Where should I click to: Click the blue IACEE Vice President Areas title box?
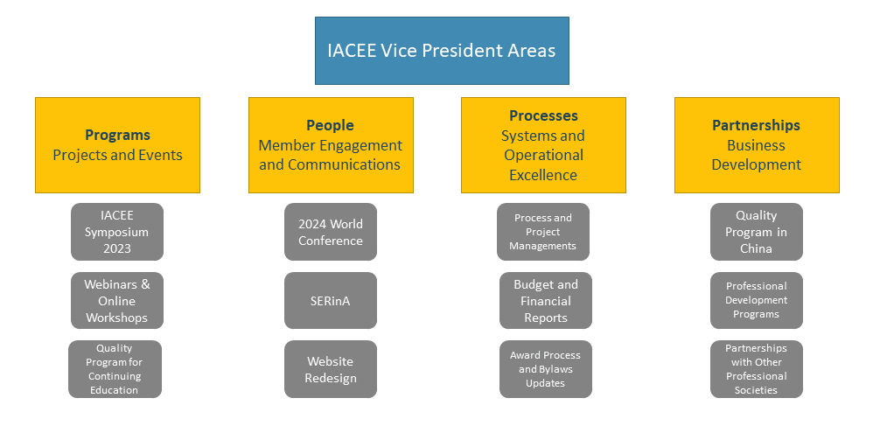[442, 51]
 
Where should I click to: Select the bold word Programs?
[118, 136]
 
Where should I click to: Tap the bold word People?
[331, 126]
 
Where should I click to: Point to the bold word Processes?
[543, 115]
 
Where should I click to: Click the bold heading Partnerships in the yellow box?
[757, 125]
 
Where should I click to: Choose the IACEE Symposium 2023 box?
[117, 232]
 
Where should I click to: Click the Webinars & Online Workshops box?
[117, 300]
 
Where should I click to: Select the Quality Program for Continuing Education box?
[115, 369]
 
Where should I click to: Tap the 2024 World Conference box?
[331, 232]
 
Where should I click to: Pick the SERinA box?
[331, 300]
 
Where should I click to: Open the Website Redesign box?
[331, 369]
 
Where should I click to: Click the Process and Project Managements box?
[543, 232]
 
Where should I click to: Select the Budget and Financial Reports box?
[546, 300]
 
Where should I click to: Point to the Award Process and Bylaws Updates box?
[546, 369]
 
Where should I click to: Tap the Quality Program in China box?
[757, 232]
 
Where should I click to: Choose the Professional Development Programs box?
[757, 300]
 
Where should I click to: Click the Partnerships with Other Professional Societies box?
[757, 369]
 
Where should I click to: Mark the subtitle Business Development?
[757, 155]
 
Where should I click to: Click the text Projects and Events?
[118, 155]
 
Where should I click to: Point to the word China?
[757, 248]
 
